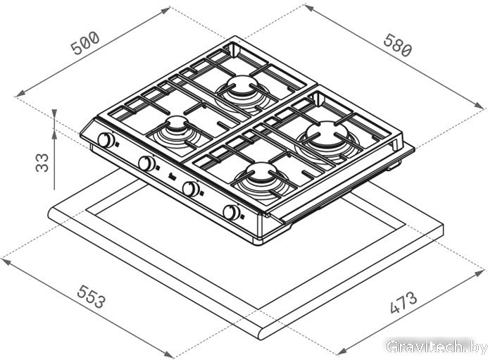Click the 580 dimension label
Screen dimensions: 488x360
point(398,45)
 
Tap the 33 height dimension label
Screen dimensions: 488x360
point(42,163)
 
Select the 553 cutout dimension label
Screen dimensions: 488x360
point(92,296)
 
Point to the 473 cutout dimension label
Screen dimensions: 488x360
point(403,302)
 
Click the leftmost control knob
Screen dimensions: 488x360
point(106,139)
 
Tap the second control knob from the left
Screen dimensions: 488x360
point(146,163)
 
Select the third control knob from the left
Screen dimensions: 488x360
point(191,189)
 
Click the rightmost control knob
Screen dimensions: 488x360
point(231,212)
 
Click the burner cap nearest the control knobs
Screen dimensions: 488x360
point(177,123)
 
